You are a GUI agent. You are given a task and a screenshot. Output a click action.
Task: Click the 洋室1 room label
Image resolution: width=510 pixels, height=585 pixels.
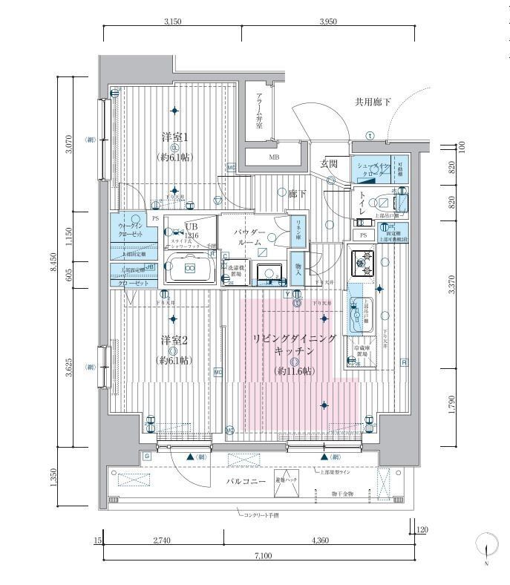[174, 138]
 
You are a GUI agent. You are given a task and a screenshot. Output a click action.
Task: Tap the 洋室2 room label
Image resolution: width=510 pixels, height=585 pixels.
[174, 341]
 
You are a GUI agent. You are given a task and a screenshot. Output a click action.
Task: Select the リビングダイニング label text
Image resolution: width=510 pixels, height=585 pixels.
[295, 339]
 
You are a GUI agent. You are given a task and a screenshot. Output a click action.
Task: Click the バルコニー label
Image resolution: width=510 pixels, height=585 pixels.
[248, 482]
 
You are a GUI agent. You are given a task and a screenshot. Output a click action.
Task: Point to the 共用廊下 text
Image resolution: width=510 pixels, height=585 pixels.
[372, 102]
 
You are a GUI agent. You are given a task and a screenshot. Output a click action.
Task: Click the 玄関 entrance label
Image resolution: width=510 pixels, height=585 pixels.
[329, 163]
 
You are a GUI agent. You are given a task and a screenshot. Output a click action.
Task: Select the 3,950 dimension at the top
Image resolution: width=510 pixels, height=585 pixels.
[328, 22]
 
